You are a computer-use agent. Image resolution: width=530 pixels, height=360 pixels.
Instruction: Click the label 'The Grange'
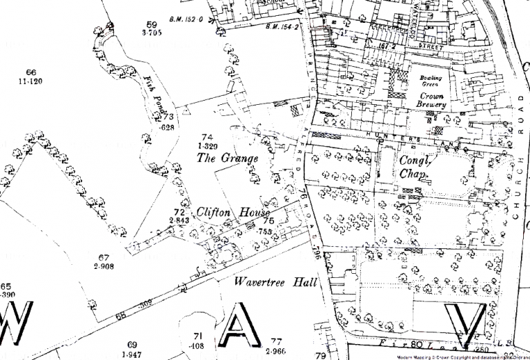click(227, 159)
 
